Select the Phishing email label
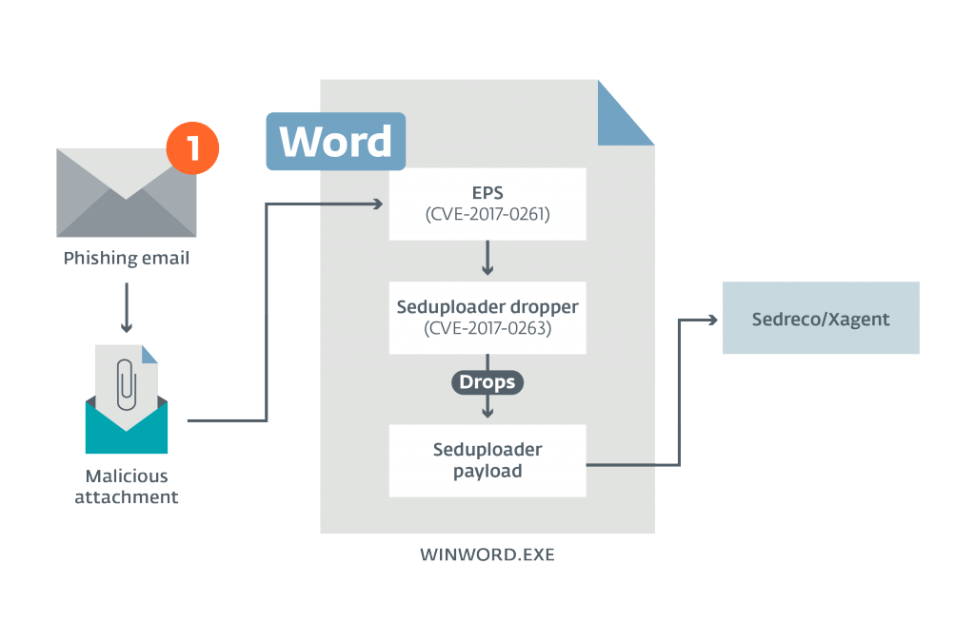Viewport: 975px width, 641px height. [127, 258]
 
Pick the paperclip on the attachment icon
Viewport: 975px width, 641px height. [127, 385]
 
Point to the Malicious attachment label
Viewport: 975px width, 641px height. [127, 485]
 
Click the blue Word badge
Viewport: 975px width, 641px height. [335, 142]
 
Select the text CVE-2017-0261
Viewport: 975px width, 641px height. [487, 215]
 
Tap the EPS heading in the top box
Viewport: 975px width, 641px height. [487, 193]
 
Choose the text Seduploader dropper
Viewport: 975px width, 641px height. [487, 308]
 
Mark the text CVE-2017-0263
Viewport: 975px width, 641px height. [487, 330]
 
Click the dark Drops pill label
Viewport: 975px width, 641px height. [487, 382]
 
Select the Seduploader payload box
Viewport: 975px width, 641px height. [487, 459]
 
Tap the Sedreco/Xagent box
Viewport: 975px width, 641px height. [821, 319]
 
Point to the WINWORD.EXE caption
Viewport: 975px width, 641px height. [487, 554]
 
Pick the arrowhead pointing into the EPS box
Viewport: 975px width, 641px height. [376, 204]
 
